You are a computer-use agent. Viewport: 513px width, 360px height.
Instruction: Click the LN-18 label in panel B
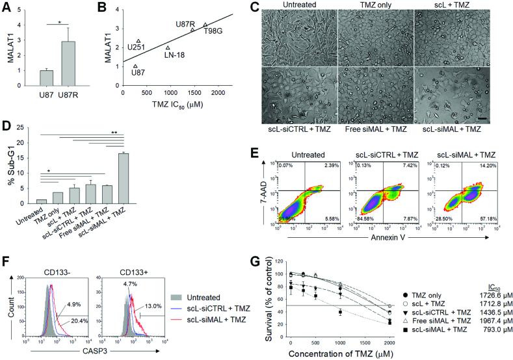pos(174,55)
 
